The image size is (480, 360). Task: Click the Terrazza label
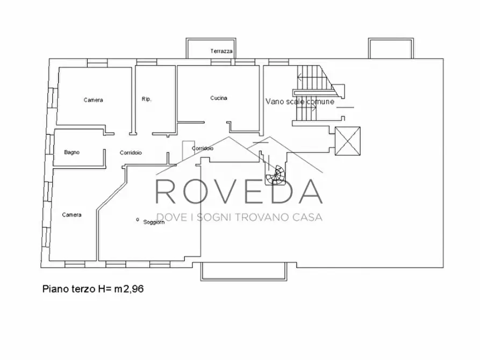tap(221, 52)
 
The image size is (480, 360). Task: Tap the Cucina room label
tap(219, 98)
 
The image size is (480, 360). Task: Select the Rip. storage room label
tap(146, 99)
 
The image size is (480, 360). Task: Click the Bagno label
tap(71, 152)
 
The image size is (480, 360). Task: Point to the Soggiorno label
tap(154, 222)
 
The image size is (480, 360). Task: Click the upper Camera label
tap(93, 100)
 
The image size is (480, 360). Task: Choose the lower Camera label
tap(71, 215)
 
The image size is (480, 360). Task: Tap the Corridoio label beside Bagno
tap(131, 153)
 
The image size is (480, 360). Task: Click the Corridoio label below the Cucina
tap(202, 148)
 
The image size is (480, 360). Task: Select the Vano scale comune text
tap(300, 102)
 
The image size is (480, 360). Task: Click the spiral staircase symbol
tap(276, 176)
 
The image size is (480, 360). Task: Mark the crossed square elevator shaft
tap(348, 141)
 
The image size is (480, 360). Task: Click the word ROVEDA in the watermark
tap(239, 192)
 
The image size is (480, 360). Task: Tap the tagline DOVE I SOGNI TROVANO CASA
tap(239, 217)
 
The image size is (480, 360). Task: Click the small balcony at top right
tap(391, 48)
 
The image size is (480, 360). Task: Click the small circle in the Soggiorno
tap(137, 219)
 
